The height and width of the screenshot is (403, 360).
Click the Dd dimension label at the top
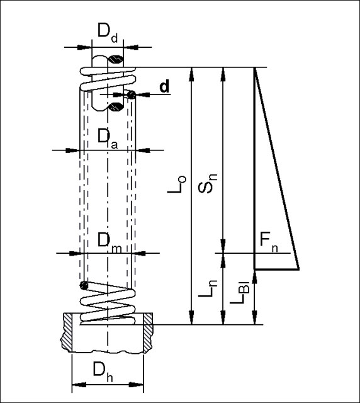pyautogui.click(x=108, y=33)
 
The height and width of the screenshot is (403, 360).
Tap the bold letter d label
pyautogui.click(x=164, y=86)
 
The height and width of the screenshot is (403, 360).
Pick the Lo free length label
pyautogui.click(x=177, y=184)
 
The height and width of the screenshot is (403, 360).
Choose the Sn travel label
pyautogui.click(x=208, y=183)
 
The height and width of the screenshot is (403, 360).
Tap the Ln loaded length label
pyautogui.click(x=208, y=288)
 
